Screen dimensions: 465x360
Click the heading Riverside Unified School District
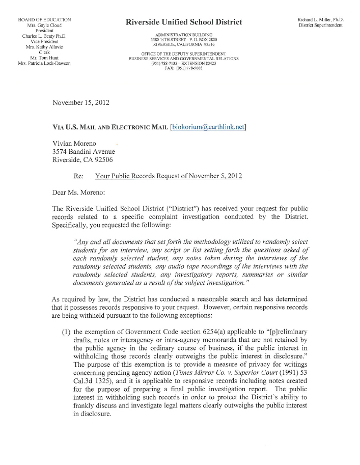tap(184, 22)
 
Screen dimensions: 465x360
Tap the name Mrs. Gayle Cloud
tap(44, 25)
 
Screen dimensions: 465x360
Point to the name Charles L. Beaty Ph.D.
tap(44, 36)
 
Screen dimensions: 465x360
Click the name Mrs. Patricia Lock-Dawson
tap(44, 64)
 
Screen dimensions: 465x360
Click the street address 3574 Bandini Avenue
tap(84, 151)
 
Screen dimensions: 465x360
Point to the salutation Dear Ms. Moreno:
tap(79, 193)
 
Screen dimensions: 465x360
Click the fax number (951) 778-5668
tap(183, 68)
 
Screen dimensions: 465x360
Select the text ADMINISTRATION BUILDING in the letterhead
tap(184, 34)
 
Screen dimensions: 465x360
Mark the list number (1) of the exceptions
tap(66, 332)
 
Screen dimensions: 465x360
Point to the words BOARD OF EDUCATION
tap(44, 19)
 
